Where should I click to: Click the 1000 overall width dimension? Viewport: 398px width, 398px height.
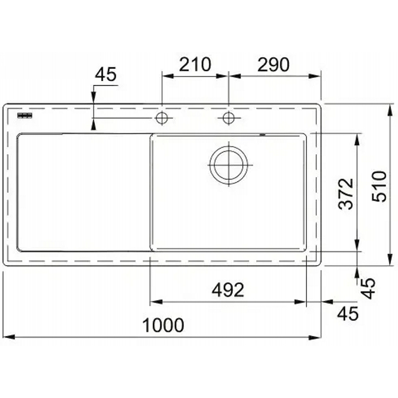click(163, 325)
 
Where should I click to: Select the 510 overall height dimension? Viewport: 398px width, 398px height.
click(379, 186)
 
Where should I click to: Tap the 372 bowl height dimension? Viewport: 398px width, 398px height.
click(345, 194)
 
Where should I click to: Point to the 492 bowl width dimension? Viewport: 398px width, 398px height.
click(228, 290)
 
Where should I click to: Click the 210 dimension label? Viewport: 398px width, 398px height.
click(195, 65)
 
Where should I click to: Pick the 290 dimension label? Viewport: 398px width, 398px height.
click(273, 65)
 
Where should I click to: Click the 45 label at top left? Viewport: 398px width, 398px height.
click(105, 74)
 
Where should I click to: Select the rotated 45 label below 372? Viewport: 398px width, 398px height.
click(368, 288)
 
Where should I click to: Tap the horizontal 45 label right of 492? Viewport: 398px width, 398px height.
click(348, 313)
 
